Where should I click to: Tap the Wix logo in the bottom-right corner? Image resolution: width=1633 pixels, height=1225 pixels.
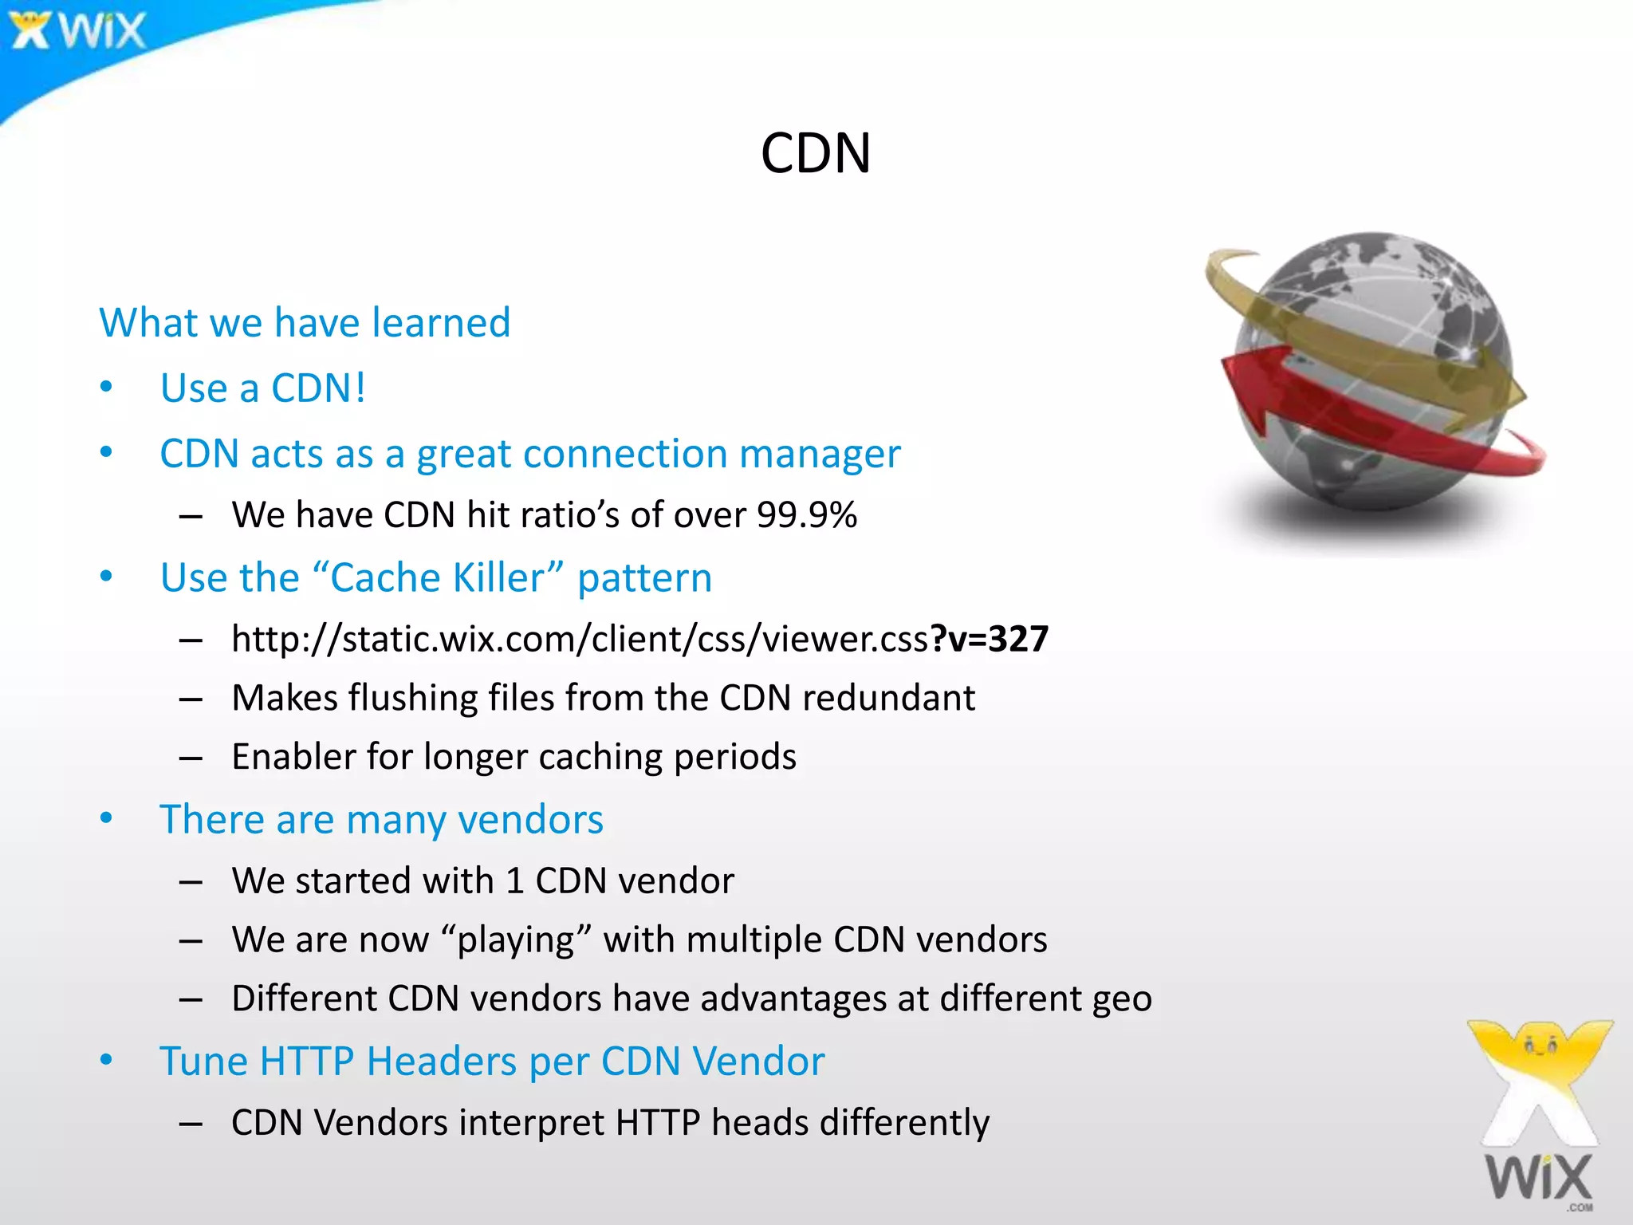(x=1541, y=1117)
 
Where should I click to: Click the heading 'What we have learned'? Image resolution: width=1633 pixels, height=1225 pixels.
(x=305, y=323)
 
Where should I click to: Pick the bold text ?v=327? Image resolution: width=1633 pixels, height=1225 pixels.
(x=989, y=639)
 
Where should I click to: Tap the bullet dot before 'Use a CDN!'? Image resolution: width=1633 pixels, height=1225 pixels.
(x=107, y=388)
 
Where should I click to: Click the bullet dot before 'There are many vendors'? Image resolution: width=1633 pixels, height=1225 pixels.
(x=107, y=818)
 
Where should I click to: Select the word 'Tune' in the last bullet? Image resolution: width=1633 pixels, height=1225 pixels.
(x=203, y=1062)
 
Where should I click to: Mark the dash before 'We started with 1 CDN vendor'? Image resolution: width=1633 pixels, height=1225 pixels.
(x=191, y=882)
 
